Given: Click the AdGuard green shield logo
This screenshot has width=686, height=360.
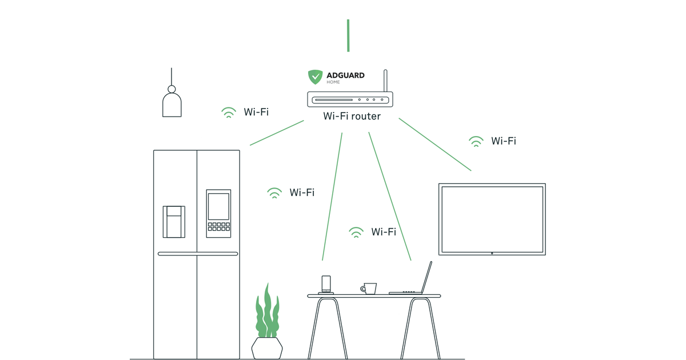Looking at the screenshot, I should click(315, 77).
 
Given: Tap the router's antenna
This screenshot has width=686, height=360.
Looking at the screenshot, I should click(385, 81).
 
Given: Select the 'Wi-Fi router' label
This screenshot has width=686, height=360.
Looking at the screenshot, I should click(352, 117).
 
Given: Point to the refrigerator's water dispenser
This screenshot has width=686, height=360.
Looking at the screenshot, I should click(174, 222).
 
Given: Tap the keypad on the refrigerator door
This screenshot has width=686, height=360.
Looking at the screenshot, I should click(218, 227).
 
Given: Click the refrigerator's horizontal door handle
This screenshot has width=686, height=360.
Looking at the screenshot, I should click(198, 254).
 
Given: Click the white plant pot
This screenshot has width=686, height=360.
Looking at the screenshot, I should click(267, 347).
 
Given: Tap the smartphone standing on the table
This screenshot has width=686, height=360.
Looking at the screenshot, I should click(326, 284).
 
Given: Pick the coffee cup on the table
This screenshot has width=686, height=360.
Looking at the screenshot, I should click(370, 289).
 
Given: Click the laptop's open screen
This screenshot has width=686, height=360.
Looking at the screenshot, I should click(426, 277).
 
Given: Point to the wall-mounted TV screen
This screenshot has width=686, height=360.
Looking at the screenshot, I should click(492, 219).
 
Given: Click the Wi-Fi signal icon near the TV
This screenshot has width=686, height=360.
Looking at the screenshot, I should click(476, 141).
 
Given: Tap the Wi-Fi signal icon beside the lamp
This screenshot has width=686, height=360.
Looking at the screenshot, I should click(229, 113).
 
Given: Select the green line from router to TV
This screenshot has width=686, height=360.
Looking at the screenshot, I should click(435, 145).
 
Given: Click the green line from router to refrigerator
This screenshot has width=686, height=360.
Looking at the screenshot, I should click(277, 133).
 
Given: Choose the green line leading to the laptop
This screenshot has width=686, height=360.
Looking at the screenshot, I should click(389, 196).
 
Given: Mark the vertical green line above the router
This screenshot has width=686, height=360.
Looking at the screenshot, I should click(348, 35).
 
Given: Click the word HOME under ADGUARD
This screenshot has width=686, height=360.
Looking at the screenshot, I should click(333, 82).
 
